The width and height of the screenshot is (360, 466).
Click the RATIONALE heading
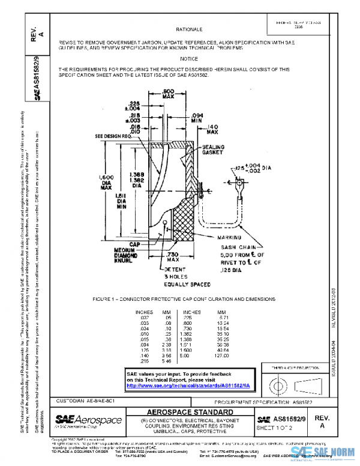(x=188, y=29)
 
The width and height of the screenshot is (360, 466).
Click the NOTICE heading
(x=188, y=59)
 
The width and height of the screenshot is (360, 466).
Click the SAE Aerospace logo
(x=88, y=419)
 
